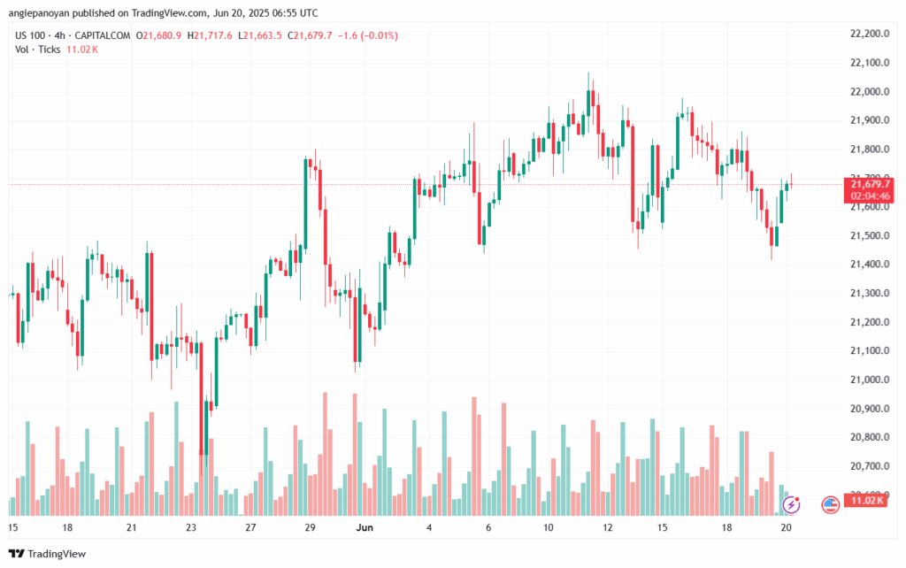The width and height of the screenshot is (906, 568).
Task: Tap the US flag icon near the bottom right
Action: [x=830, y=504]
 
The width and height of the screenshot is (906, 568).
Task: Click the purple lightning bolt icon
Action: [x=793, y=504]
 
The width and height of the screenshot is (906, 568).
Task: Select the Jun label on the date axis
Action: [x=364, y=527]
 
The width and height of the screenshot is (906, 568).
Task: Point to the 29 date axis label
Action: [x=311, y=527]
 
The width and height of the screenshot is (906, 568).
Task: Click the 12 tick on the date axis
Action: [x=608, y=527]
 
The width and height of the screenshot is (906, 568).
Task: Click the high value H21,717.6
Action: [x=212, y=35]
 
